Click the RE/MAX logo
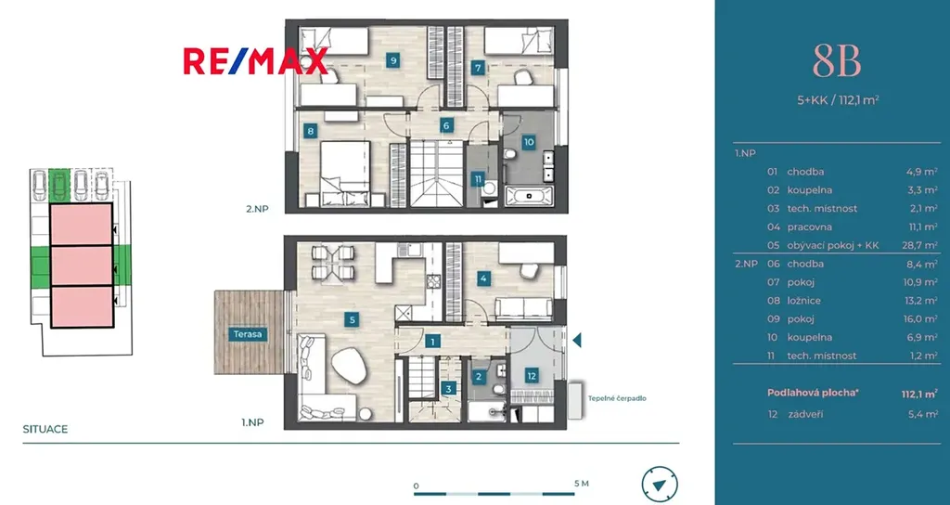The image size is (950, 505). coord(256,61)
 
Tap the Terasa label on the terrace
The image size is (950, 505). coord(249,334)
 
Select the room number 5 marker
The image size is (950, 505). coord(352,319)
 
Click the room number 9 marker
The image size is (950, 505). coord(393,60)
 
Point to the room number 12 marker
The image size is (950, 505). coord(532,376)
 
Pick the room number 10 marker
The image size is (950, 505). coord(529,142)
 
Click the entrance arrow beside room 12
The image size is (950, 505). coord(577,340)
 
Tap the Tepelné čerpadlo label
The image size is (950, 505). coord(617,398)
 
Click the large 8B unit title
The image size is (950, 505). coord(837,62)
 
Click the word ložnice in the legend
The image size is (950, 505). coord(805,300)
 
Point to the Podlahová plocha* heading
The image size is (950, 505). coord(813,393)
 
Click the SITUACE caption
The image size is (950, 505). coord(45,429)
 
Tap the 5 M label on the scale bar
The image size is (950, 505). coord(581,484)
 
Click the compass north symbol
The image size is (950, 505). coord(660,485)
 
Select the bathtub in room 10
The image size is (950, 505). coord(529,196)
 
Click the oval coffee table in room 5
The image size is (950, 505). coord(349,366)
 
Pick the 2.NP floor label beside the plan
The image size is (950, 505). coord(257,209)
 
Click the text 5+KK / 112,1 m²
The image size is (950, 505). coord(838,100)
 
